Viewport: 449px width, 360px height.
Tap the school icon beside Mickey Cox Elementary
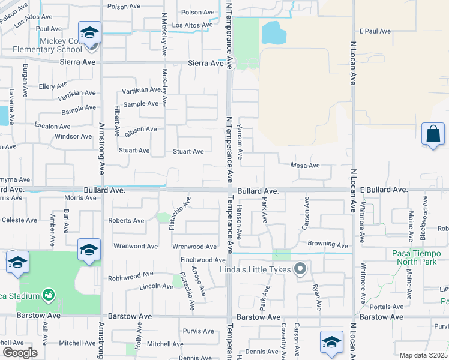coord(89,34)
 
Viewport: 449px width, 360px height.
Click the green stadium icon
coord(48,295)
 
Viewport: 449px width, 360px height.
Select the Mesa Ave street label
coord(304,166)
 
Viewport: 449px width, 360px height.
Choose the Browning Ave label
coord(328,245)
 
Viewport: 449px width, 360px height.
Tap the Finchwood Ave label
coord(203,260)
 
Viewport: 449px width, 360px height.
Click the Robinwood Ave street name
coord(131,278)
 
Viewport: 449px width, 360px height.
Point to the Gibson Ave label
coord(140,129)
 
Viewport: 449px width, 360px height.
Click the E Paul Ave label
coord(375,31)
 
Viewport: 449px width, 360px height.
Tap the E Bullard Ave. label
coord(384,190)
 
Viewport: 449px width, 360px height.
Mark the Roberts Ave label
coord(126,220)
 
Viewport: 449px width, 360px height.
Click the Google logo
coord(20,352)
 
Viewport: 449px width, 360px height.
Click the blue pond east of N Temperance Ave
coord(273,32)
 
